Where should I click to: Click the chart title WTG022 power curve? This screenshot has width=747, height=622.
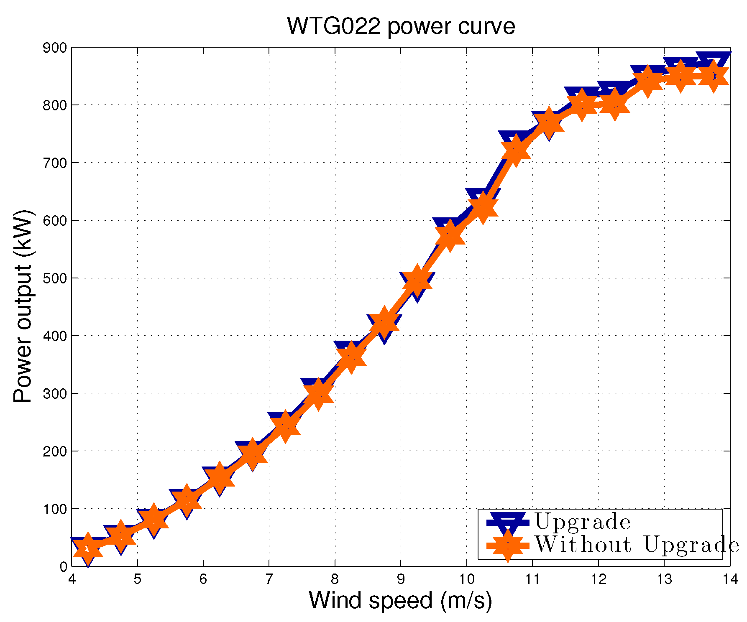[x=401, y=26]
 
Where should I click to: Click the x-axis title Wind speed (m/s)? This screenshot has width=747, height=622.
[x=400, y=600]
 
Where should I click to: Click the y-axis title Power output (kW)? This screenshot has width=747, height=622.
[x=23, y=306]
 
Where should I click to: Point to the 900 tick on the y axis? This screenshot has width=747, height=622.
[x=55, y=48]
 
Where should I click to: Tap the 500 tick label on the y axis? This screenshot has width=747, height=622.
[x=55, y=278]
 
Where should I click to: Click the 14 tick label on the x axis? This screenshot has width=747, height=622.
[x=729, y=579]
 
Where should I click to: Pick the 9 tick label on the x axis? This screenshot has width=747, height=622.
[x=401, y=579]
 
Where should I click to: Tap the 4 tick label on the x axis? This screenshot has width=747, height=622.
[x=72, y=579]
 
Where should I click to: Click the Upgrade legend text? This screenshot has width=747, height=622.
[x=582, y=522]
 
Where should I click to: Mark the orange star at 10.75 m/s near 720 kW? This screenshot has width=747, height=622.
[x=516, y=150]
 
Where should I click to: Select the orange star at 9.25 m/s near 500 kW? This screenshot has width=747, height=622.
[x=417, y=279]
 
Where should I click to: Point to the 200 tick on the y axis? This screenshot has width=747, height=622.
[x=55, y=451]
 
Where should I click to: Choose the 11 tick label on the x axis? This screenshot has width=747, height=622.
[x=532, y=579]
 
